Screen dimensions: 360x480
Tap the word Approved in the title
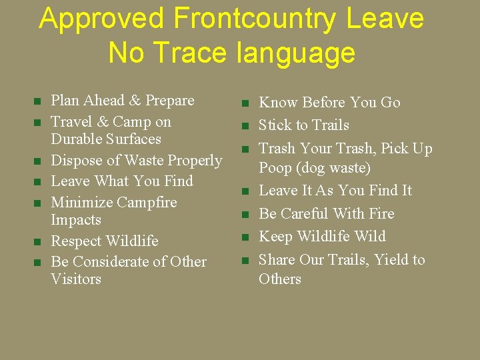pos(102,19)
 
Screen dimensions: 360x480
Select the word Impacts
pos(76,220)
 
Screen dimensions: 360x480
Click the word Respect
pos(75,241)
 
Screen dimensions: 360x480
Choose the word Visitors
pos(76,279)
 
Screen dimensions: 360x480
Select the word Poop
pos(275,168)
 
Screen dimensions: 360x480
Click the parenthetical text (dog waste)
pos(333,168)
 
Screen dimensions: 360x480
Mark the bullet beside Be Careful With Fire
pos(245,215)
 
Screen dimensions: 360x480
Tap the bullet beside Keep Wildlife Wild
pos(245,237)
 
